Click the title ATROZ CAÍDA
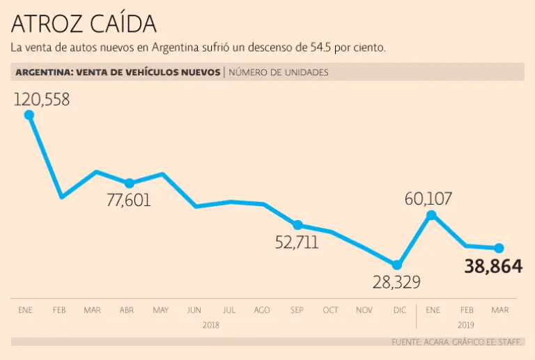(84, 24)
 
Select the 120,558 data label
(42, 100)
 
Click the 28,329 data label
(396, 282)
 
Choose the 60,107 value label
(428, 199)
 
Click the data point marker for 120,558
(29, 116)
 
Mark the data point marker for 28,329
(397, 265)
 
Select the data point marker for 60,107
(431, 215)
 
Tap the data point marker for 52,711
(297, 225)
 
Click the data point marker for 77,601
(129, 183)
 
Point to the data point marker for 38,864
(499, 248)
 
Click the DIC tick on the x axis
(398, 310)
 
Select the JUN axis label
(194, 310)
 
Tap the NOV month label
(364, 310)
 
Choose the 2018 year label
(211, 325)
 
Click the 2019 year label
(465, 325)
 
